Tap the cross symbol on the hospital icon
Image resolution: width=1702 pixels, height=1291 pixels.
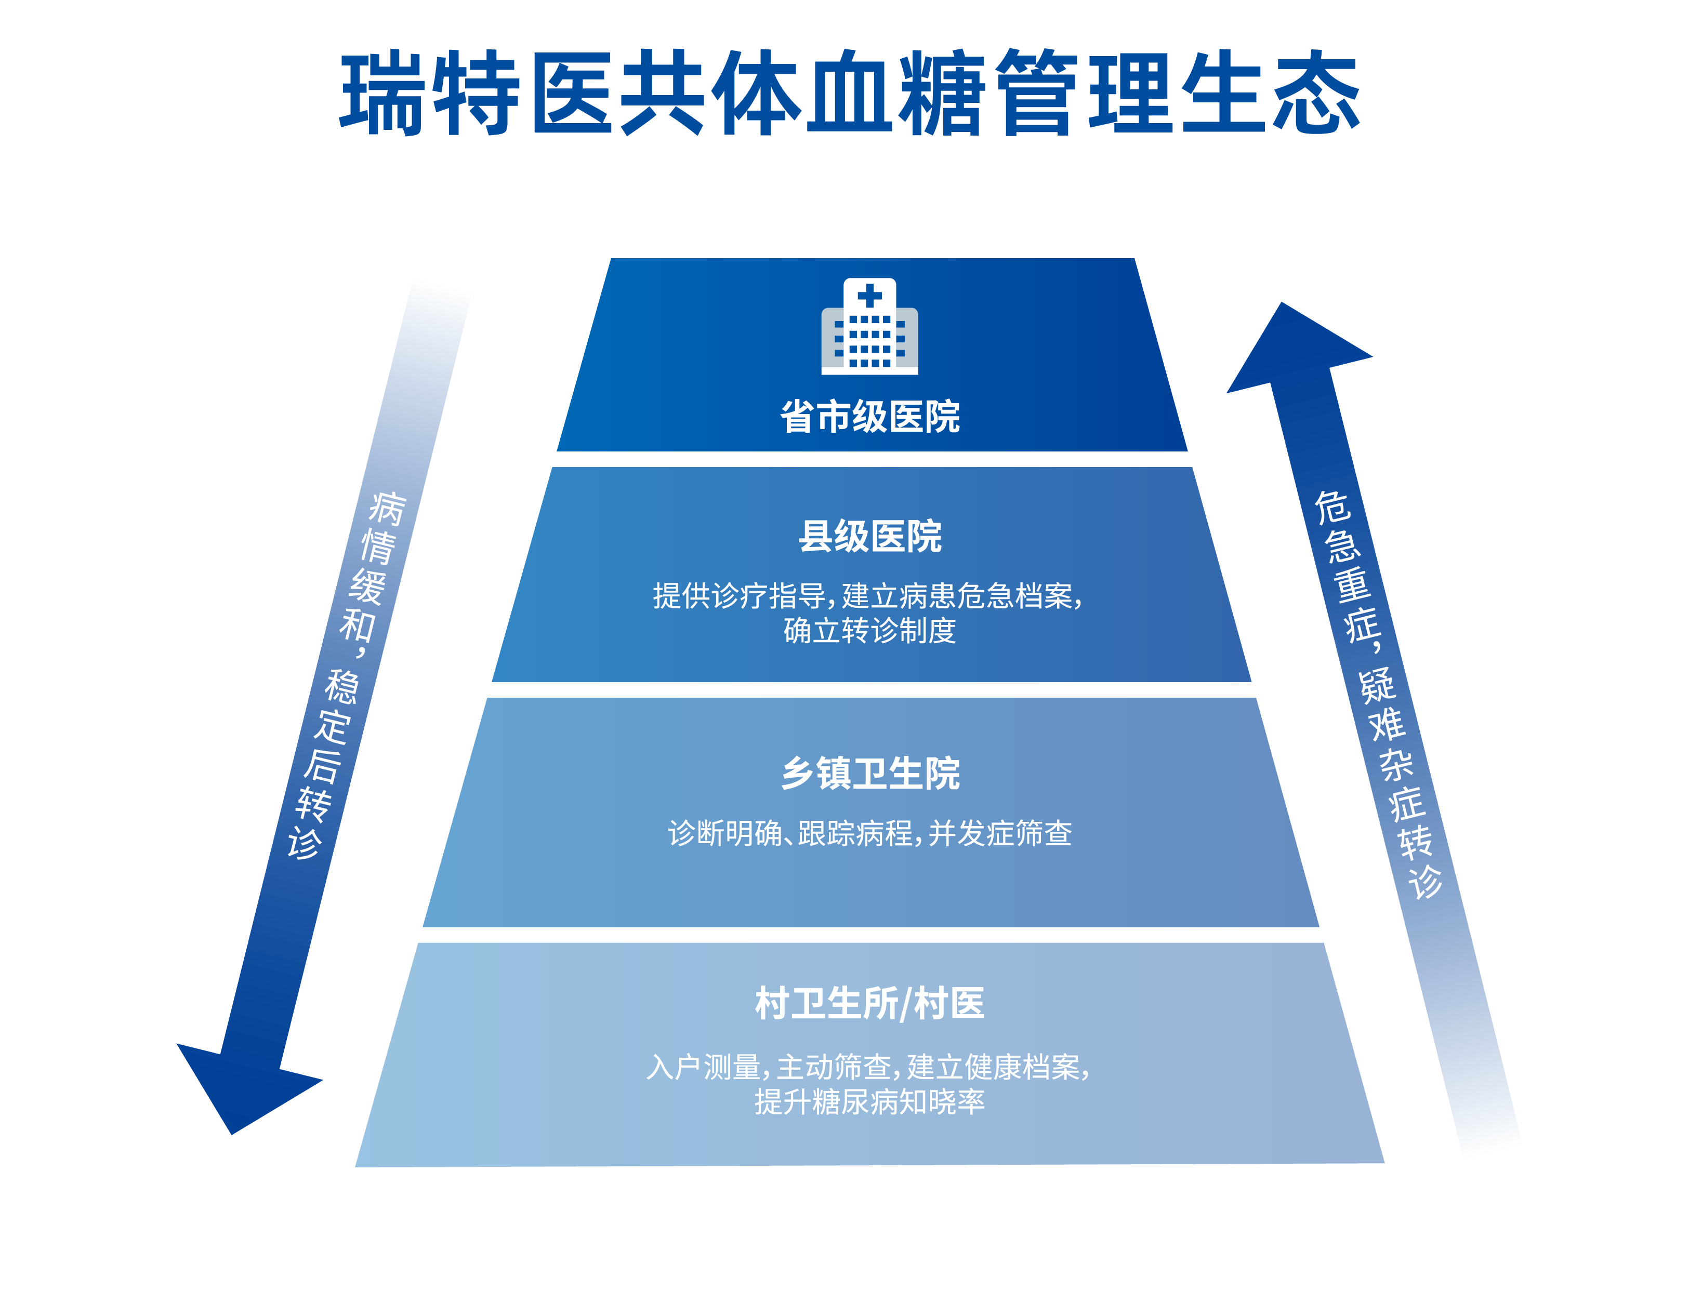click(869, 296)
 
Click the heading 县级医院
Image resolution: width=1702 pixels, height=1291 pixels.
click(869, 536)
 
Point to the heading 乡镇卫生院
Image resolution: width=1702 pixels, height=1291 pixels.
click(869, 773)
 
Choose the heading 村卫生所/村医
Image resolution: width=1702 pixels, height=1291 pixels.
click(869, 1003)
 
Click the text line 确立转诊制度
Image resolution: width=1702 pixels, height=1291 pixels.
click(869, 631)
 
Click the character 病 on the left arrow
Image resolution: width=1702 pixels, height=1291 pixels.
click(386, 508)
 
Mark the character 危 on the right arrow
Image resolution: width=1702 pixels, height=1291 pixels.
click(1331, 508)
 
